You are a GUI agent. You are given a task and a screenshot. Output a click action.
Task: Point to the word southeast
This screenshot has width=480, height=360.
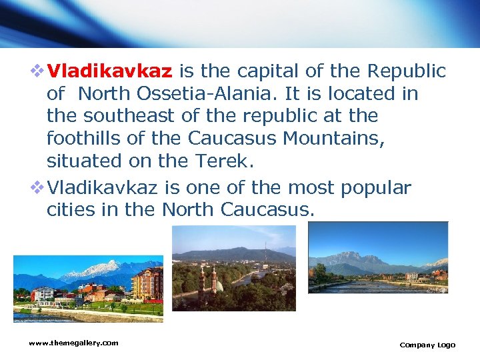(129, 116)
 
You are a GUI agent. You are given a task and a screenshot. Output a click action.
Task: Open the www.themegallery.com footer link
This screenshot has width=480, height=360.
(73, 343)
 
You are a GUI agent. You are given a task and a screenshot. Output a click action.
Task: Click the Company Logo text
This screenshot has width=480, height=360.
(427, 345)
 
